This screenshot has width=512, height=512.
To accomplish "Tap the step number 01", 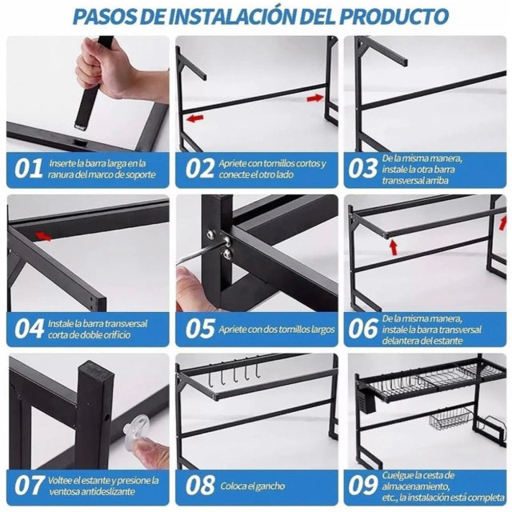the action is click(29, 168).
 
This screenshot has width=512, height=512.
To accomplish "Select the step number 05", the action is click(200, 329).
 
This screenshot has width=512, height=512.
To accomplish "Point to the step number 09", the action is click(362, 485).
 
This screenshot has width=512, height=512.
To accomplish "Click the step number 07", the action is click(30, 486).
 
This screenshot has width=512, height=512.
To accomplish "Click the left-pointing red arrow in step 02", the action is click(195, 118).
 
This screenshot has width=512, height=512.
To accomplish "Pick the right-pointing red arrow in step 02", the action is click(315, 98).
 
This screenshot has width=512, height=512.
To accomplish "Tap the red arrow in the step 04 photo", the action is click(43, 236).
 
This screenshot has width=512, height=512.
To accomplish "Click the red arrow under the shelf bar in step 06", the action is click(394, 247).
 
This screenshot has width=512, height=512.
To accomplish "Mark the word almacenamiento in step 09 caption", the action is click(414, 486).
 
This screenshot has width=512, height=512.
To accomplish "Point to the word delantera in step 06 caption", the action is click(402, 341).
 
